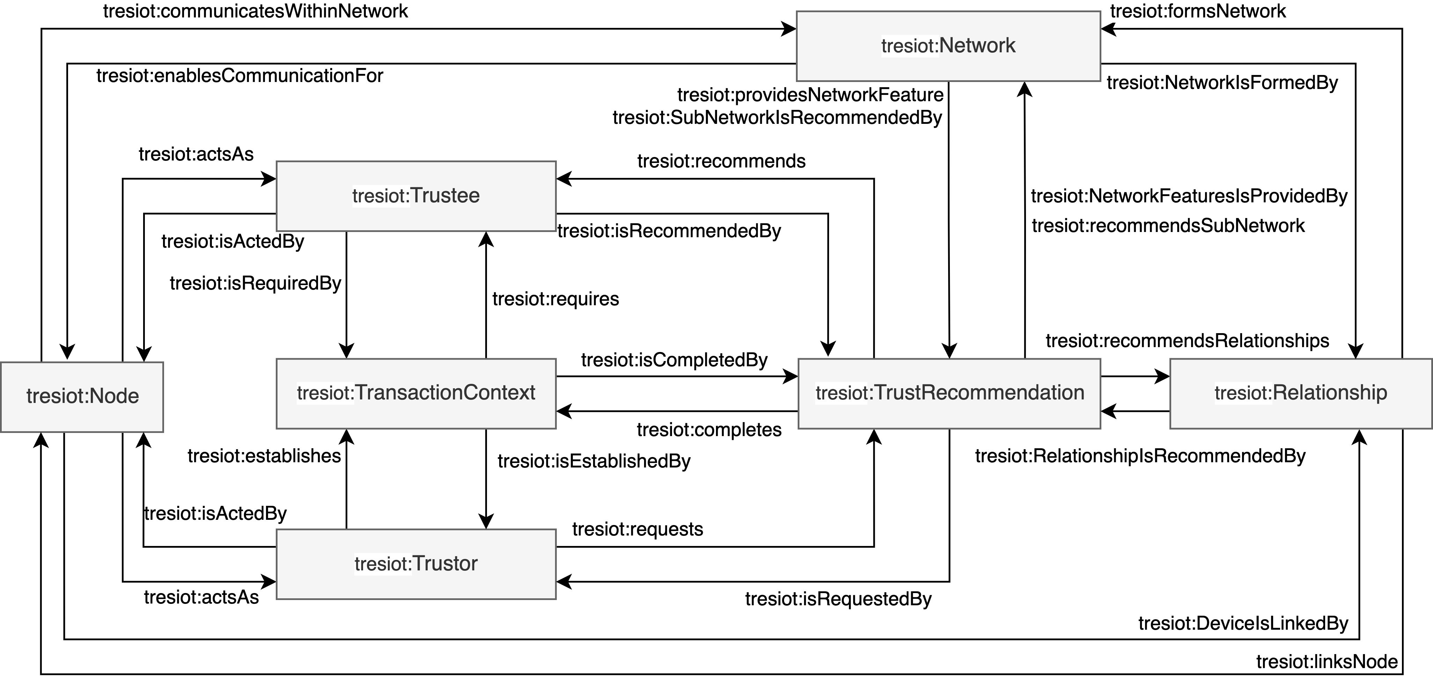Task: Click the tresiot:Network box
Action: tap(948, 46)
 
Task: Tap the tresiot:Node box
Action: tap(82, 397)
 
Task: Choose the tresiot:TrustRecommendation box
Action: tap(949, 393)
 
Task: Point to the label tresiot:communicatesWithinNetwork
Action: tap(255, 11)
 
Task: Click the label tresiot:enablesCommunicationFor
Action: tap(240, 76)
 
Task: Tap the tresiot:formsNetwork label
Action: tap(1198, 11)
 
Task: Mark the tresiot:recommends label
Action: tap(721, 161)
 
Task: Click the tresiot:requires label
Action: tap(555, 299)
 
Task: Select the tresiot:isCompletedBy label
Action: tap(674, 360)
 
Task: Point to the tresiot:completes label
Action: tap(709, 430)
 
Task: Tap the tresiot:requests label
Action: tap(637, 530)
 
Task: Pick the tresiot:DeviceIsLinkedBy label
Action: tap(1243, 623)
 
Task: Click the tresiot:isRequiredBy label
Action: tap(255, 284)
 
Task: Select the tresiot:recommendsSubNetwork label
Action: tap(1168, 226)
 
